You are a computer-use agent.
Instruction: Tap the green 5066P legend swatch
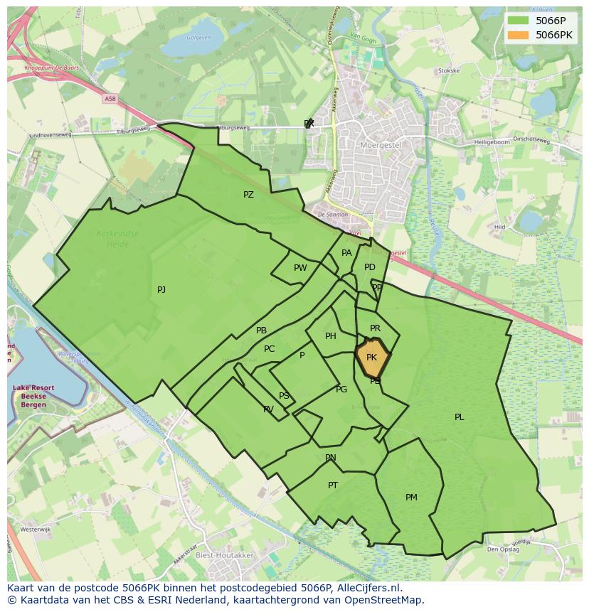[519, 20]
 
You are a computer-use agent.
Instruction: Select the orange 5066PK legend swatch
[519, 34]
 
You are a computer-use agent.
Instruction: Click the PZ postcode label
[248, 194]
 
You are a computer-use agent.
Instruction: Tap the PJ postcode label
[161, 289]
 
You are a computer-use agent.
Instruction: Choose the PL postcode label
[459, 417]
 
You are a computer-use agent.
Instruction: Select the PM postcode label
[411, 498]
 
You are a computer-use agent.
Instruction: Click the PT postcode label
[333, 485]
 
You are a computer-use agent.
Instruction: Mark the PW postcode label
[300, 268]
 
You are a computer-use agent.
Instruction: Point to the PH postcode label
[330, 336]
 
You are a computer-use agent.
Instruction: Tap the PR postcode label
[375, 328]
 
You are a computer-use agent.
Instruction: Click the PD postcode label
[369, 267]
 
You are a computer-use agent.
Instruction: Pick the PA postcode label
[346, 252]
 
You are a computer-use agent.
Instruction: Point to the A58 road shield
[108, 99]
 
